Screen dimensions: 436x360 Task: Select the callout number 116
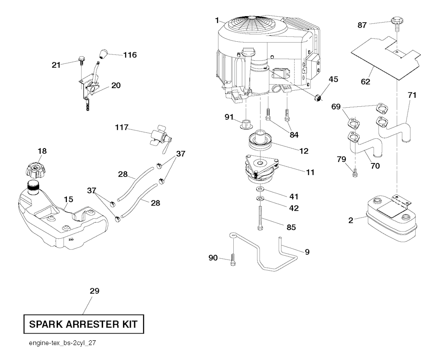[x=130, y=55]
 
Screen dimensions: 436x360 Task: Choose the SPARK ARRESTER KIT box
[x=83, y=324]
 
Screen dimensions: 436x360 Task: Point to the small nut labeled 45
[x=318, y=98]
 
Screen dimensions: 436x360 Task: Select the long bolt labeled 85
[x=260, y=217]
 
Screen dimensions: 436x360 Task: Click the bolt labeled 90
[x=233, y=260]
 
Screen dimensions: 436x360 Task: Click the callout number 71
[x=412, y=95]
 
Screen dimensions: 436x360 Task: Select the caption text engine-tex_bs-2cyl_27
[x=62, y=343]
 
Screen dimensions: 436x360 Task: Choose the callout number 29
[x=95, y=291]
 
